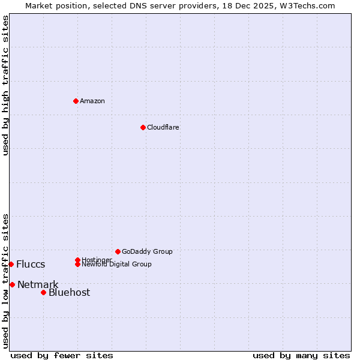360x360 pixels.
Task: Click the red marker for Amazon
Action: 76,101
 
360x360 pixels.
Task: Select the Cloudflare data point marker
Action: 143,127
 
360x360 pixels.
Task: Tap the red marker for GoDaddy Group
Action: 118,251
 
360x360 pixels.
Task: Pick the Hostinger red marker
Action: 77,260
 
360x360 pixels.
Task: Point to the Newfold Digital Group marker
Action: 77,264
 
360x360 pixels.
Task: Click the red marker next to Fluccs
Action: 11,264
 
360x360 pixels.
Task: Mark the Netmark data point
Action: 12,284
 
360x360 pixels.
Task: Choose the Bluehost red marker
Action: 43,292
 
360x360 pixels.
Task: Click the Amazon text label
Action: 92,101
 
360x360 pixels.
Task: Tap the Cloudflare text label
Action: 163,127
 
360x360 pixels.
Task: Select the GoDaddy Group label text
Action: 147,251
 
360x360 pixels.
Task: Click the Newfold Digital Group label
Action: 117,265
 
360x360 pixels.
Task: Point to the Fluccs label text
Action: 31,265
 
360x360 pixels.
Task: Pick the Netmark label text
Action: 38,284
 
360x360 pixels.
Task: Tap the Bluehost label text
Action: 69,292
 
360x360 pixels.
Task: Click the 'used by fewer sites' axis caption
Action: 62,355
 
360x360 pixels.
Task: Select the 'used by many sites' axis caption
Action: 301,355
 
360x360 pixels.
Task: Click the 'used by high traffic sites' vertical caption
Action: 5,85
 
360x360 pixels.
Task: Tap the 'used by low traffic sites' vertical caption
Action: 5,281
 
